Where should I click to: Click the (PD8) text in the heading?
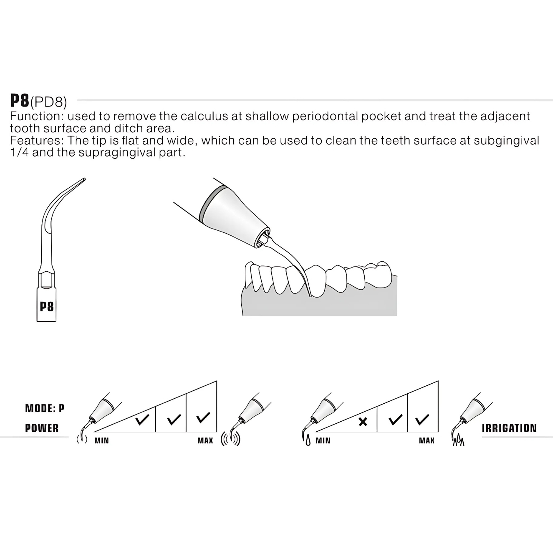click(49, 102)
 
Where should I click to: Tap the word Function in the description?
click(35, 116)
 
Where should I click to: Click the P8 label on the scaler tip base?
click(47, 307)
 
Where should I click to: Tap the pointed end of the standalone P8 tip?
click(84, 179)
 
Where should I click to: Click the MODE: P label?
click(45, 409)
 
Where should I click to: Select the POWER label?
click(42, 428)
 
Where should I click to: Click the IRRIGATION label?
click(509, 428)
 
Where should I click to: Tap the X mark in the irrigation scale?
click(363, 422)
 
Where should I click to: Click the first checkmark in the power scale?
click(142, 420)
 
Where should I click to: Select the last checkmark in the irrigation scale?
click(422, 420)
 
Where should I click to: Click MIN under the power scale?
click(102, 441)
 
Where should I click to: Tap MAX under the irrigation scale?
click(427, 441)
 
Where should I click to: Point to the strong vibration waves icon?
click(230, 439)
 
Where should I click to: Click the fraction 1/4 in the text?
click(20, 152)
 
